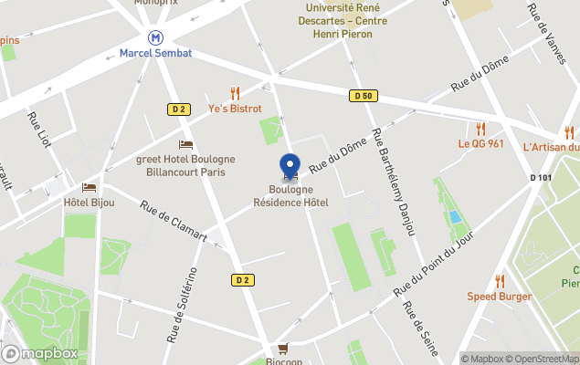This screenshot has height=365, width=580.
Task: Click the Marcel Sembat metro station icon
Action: point(156,37)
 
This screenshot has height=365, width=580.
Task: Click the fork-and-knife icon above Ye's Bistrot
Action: point(235,93)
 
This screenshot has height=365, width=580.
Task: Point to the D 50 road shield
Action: point(363,96)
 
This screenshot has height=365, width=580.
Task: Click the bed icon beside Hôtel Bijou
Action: point(89,187)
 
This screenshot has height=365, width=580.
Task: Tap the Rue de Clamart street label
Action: point(174,223)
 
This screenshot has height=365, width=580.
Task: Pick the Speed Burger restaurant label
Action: point(499,297)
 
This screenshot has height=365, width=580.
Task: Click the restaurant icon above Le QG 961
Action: point(480,129)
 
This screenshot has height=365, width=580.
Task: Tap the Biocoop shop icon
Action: point(283,348)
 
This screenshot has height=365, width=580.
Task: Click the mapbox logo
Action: point(40,353)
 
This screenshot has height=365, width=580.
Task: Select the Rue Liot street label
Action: point(38,130)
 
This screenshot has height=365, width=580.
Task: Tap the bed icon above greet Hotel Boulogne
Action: point(185,144)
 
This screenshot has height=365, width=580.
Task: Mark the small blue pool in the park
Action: point(455,217)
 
